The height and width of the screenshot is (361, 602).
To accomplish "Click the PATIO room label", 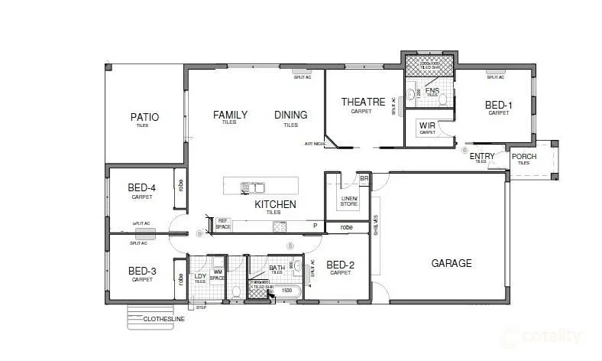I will pyautogui.click(x=144, y=117).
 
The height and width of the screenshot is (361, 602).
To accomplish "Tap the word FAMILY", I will pyautogui.click(x=230, y=115).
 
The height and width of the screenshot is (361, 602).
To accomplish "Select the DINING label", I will pyautogui.click(x=290, y=115).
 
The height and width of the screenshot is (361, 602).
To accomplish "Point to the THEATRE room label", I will pyautogui.click(x=361, y=102).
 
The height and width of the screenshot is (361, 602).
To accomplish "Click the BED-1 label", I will pyautogui.click(x=499, y=105).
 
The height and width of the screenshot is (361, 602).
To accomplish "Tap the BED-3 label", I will pyautogui.click(x=142, y=271).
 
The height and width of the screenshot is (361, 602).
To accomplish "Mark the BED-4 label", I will pyautogui.click(x=142, y=188).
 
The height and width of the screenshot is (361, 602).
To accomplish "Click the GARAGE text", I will pyautogui.click(x=451, y=263).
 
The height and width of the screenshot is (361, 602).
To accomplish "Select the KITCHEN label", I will pyautogui.click(x=275, y=204).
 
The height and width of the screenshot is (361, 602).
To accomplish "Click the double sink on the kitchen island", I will pyautogui.click(x=253, y=187).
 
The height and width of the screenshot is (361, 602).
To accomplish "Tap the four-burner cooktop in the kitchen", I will pyautogui.click(x=280, y=226).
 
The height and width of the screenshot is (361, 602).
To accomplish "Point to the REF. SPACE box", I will pyautogui.click(x=223, y=224).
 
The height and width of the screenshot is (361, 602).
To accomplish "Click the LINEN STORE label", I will pyautogui.click(x=348, y=202).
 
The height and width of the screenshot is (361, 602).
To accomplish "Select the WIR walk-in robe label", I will pyautogui.click(x=427, y=126).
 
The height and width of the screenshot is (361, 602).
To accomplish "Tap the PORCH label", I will pyautogui.click(x=524, y=157).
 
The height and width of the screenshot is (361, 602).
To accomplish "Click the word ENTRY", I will pyautogui.click(x=482, y=157).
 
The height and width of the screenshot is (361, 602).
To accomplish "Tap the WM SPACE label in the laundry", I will pyautogui.click(x=218, y=274).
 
